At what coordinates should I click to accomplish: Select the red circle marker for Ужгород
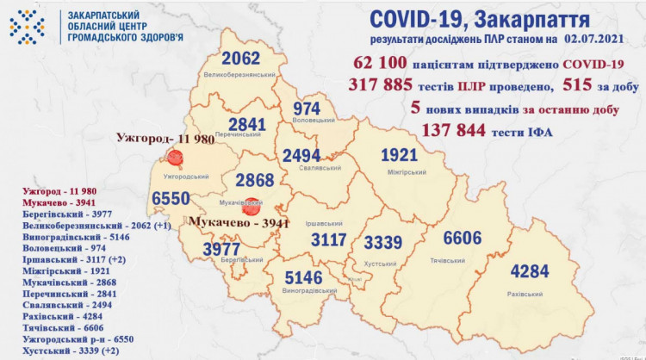tap(177, 158)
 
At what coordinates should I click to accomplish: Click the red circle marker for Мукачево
tap(251, 207)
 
